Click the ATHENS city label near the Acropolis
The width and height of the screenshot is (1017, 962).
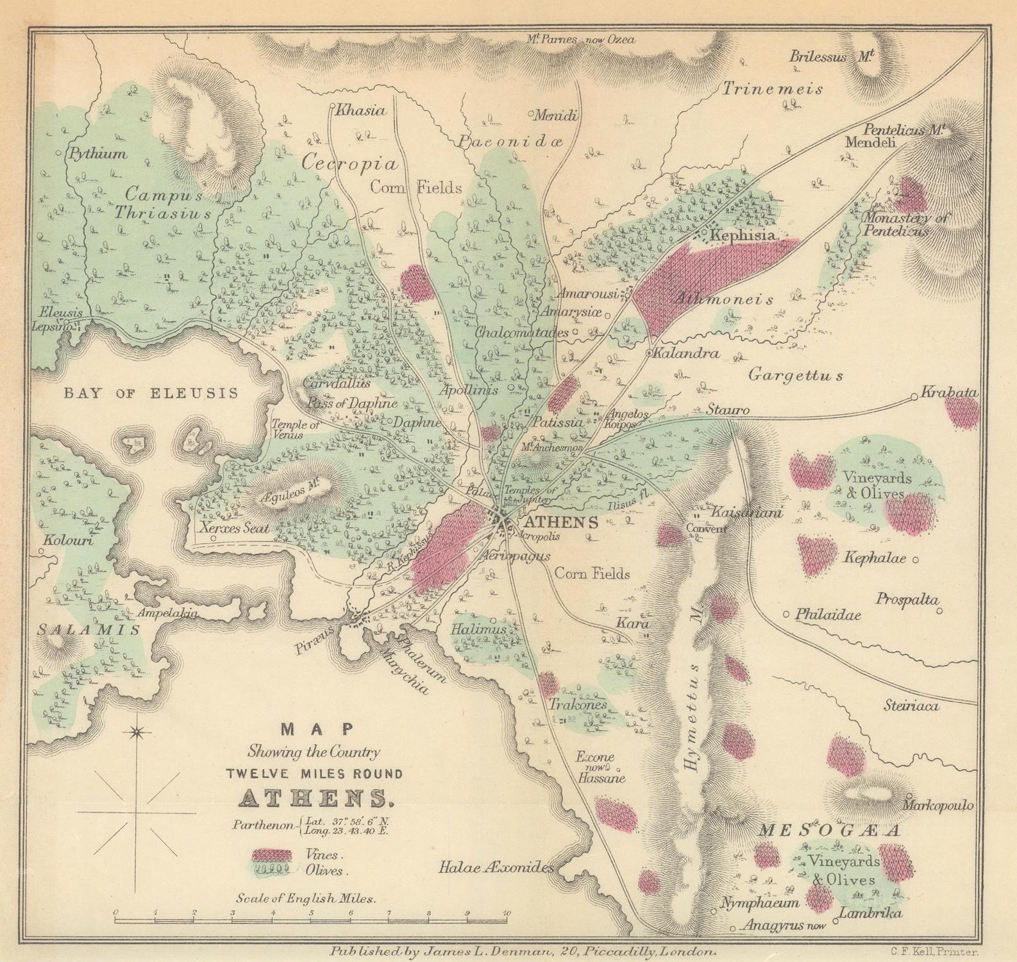point(561,522)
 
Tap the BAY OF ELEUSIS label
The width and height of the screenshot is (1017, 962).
point(151,393)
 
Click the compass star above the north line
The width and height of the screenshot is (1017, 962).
point(137,732)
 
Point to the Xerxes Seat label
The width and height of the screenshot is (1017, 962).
point(234,528)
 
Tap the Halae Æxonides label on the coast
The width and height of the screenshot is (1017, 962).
point(496,868)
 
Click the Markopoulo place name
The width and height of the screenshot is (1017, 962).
point(939,805)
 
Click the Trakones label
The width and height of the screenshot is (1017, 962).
point(577,704)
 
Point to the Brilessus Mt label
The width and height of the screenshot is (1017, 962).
point(832,56)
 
